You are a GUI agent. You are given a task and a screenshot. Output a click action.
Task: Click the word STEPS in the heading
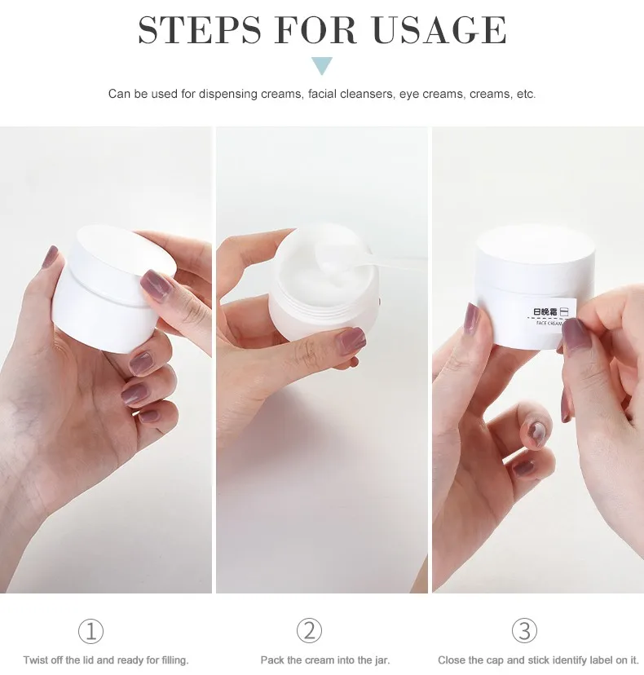(200, 29)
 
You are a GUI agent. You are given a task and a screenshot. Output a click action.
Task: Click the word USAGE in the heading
(439, 29)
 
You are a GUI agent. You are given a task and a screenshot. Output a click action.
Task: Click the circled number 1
(90, 631)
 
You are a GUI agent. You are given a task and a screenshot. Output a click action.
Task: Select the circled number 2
(309, 631)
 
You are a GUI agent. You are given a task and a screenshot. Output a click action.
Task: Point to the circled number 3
(524, 631)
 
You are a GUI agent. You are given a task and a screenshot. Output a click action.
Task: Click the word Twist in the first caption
(35, 660)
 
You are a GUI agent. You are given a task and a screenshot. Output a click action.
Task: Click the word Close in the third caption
(452, 660)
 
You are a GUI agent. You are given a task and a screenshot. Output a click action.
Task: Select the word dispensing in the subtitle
(227, 94)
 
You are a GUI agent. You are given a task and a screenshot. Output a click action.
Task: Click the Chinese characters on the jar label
(545, 311)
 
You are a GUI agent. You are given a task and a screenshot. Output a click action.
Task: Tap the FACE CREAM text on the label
(549, 323)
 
